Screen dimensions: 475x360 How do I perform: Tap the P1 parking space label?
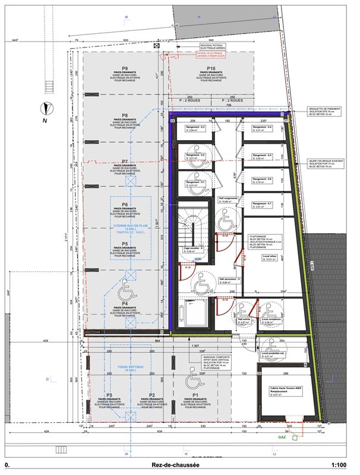tap(195, 395)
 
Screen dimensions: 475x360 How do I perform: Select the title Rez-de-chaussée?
tap(178, 467)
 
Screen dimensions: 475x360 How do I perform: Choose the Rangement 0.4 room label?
tap(262, 128)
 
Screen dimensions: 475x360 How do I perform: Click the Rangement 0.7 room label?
tap(262, 204)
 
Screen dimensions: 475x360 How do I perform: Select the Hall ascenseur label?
tap(228, 279)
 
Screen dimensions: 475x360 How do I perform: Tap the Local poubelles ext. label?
tap(272, 354)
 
